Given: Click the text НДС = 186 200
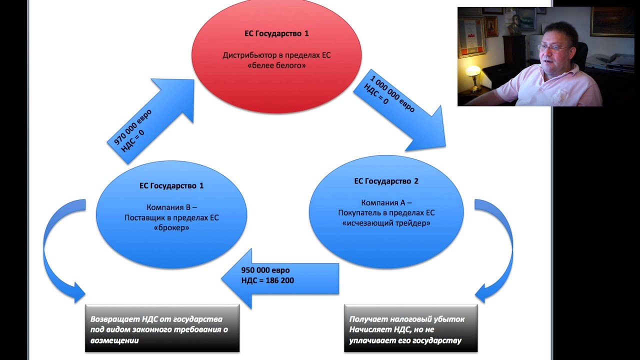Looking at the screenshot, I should point(267,280).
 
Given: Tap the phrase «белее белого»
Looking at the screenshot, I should point(276,65).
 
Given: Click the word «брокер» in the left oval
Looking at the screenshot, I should point(171,227).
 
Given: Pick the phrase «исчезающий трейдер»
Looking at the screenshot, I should point(386,223).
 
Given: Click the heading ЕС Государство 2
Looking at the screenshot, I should point(386,181).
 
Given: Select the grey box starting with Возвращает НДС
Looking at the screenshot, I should point(162,328).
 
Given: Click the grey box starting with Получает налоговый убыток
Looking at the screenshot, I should point(410,328).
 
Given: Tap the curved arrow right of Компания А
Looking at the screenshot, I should point(497,250).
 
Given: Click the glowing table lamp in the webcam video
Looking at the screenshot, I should point(472,71).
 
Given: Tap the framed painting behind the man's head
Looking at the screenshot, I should point(605,22).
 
